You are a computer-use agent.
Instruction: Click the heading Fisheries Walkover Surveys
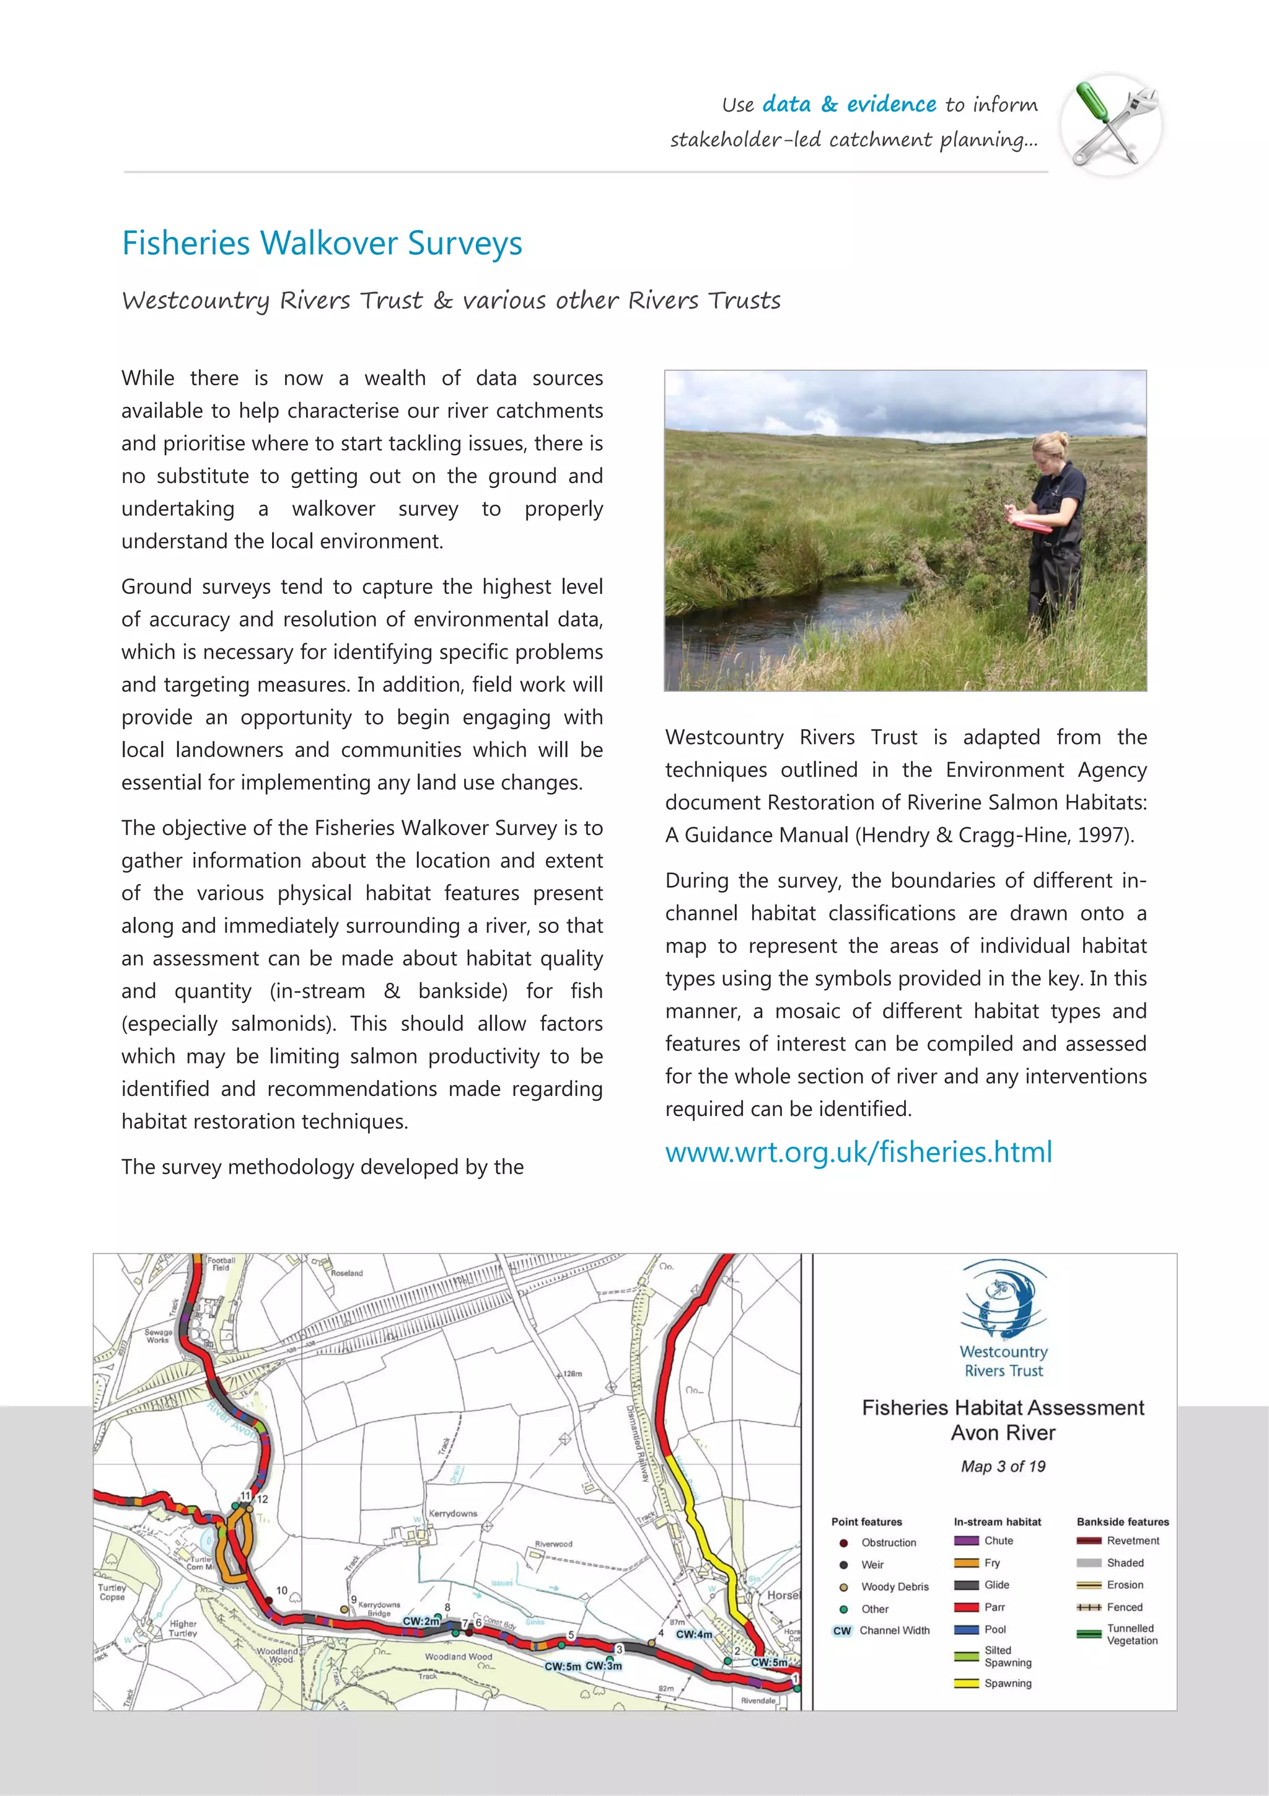[x=322, y=243]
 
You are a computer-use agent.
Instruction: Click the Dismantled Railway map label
[x=637, y=1443]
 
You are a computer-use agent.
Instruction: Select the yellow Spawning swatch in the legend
[x=967, y=1683]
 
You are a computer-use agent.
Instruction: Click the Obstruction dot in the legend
[x=844, y=1543]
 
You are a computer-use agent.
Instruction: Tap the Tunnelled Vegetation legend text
[x=1131, y=1634]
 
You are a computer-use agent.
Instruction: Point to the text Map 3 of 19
[x=1003, y=1467]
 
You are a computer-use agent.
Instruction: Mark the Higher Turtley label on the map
[x=183, y=1629]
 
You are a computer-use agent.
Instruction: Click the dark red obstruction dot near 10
[x=268, y=1601]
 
